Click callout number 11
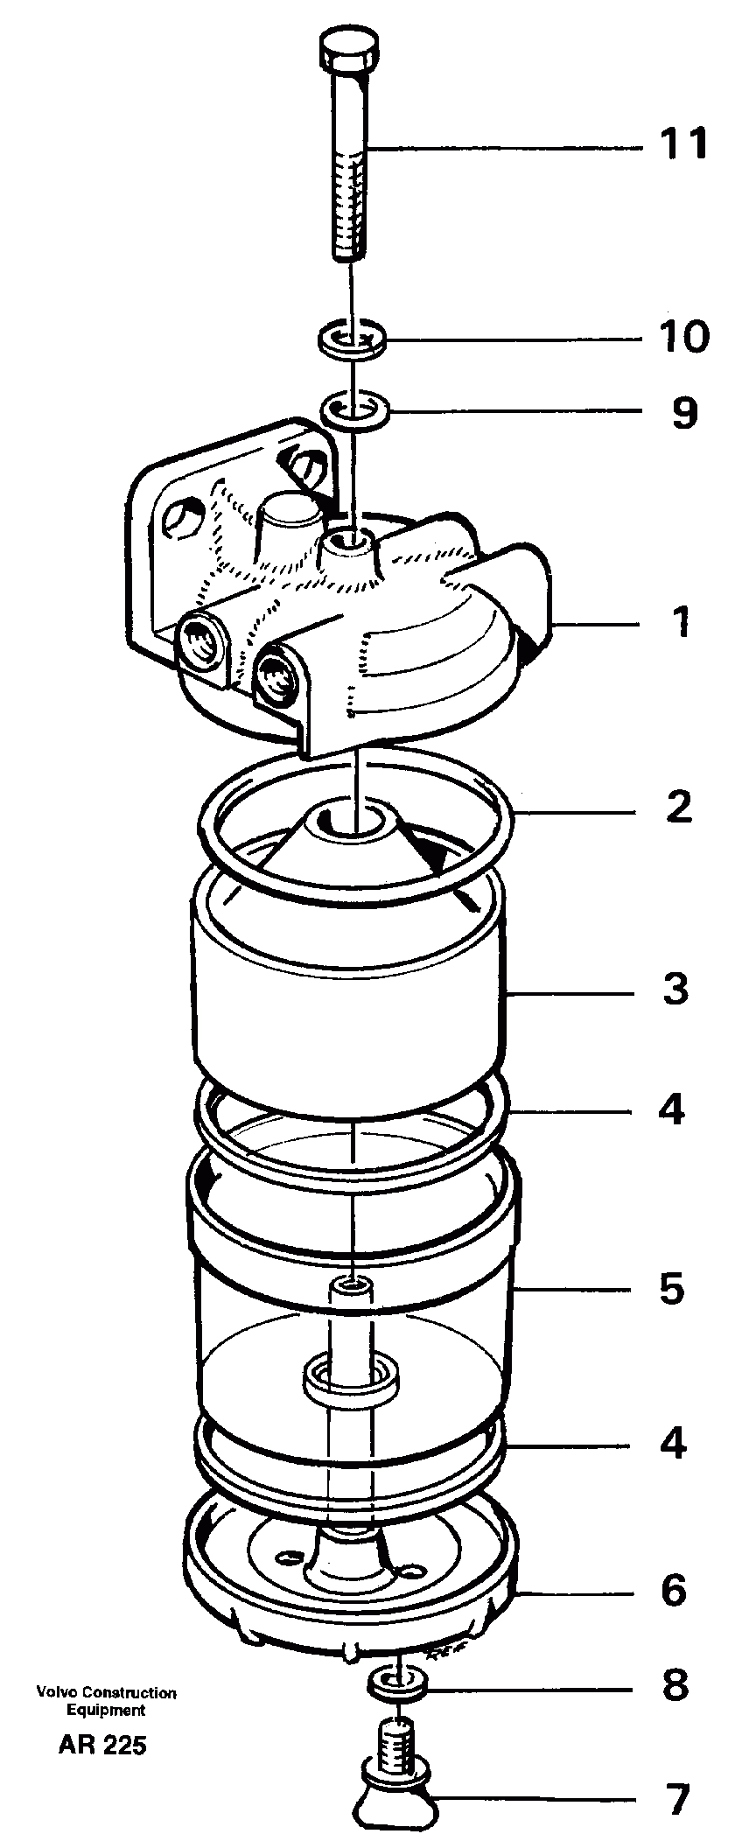click(x=682, y=143)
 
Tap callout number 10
click(x=682, y=337)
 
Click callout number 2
click(x=678, y=807)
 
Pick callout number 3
click(x=675, y=990)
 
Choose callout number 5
click(x=672, y=1289)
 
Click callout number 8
click(x=675, y=1684)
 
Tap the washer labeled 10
click(x=352, y=339)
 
